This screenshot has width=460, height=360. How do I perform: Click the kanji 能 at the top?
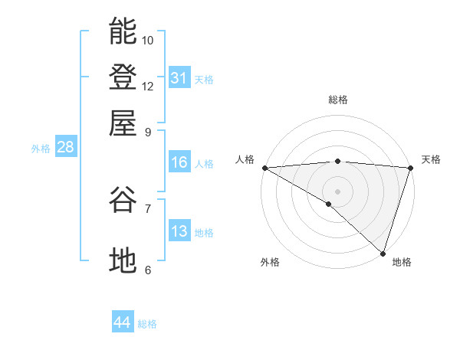(x=123, y=31)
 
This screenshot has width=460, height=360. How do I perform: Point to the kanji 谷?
(x=123, y=200)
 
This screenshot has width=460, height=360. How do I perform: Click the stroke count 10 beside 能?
(x=148, y=40)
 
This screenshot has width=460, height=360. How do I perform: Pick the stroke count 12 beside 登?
(x=148, y=86)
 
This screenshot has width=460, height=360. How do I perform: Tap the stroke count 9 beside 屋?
(x=148, y=132)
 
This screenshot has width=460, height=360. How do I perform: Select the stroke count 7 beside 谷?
(x=148, y=208)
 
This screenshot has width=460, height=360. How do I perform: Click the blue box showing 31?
(x=179, y=78)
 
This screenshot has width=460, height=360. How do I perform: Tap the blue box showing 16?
(x=179, y=162)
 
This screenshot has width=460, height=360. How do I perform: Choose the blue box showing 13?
(x=179, y=231)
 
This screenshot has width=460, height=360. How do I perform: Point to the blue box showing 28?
(x=65, y=148)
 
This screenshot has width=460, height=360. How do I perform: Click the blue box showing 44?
(x=123, y=323)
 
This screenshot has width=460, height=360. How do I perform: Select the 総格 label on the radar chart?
(x=337, y=100)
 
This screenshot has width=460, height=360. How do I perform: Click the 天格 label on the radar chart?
(x=431, y=159)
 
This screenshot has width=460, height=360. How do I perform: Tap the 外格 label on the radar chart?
(x=270, y=263)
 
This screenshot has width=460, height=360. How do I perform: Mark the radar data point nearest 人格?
(x=264, y=168)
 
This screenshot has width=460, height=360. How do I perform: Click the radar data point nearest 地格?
(x=383, y=253)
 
